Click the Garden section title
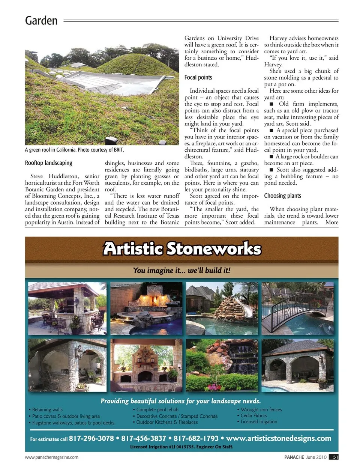point(41,20)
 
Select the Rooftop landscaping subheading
point(48,163)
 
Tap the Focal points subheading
point(198,77)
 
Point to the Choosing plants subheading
point(282,196)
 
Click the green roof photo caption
point(74,150)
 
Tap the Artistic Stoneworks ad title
point(182,248)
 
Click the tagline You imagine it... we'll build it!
point(182,270)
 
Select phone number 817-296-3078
point(91,438)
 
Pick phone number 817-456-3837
point(144,438)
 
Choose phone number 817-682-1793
point(196,438)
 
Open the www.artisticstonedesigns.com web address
point(279,438)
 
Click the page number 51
point(335,457)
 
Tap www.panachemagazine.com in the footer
point(52,457)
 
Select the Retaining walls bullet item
point(47,410)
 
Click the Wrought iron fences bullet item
point(261,410)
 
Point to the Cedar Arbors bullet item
point(254,415)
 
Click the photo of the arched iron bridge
point(297,308)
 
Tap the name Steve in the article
point(37,176)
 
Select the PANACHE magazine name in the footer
point(294,457)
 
